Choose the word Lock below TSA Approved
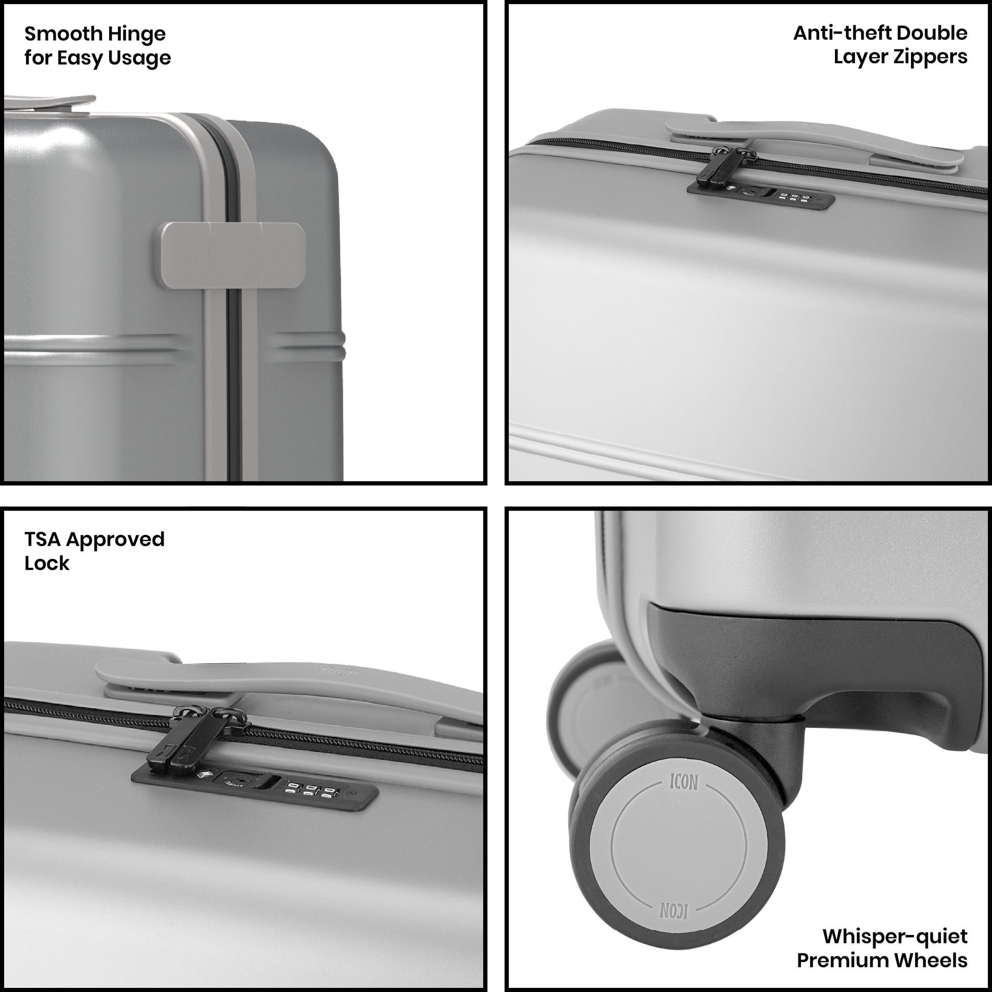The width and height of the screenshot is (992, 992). (47, 563)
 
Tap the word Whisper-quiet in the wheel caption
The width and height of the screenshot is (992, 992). (895, 936)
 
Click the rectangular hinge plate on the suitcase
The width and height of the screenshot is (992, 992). (233, 255)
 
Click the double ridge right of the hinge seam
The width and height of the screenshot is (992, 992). (306, 346)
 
